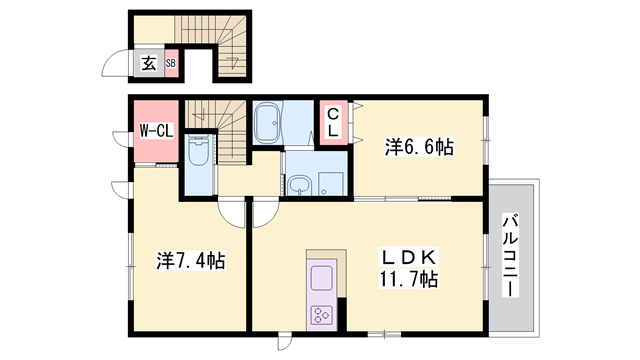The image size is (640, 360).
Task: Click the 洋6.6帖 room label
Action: pyautogui.click(x=419, y=147)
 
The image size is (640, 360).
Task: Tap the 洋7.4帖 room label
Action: pyautogui.click(x=190, y=261)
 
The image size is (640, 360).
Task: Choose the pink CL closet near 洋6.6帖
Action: pyautogui.click(x=332, y=124)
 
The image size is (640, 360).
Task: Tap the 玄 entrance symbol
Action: pyautogui.click(x=148, y=63)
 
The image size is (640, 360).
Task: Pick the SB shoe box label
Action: pyautogui.click(x=171, y=63)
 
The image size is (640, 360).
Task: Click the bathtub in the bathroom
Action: pyautogui.click(x=267, y=125)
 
